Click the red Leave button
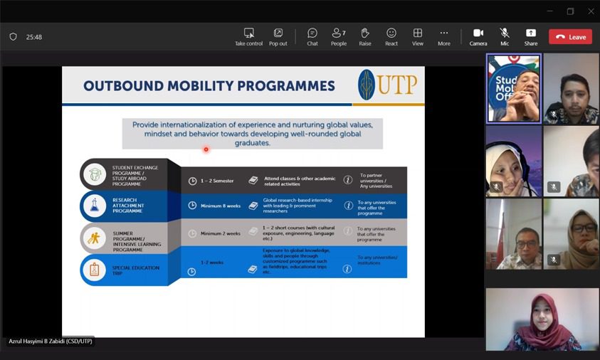(x=570, y=37)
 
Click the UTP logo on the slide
(x=388, y=85)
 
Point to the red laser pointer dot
(x=206, y=149)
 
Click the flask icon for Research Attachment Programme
(x=93, y=206)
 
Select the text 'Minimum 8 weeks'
(x=220, y=206)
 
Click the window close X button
(x=590, y=11)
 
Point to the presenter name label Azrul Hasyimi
(x=50, y=342)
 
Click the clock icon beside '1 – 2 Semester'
(x=192, y=181)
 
